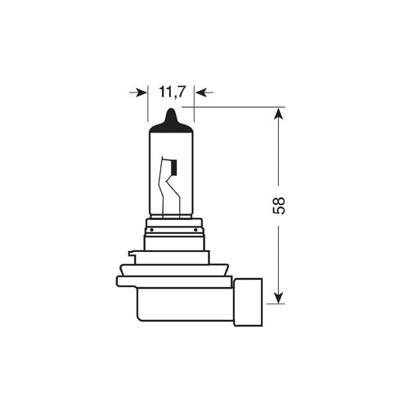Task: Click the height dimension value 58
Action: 281,204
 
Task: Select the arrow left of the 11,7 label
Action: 140,94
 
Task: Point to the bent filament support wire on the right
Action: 173,196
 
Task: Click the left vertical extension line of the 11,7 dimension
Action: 149,102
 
